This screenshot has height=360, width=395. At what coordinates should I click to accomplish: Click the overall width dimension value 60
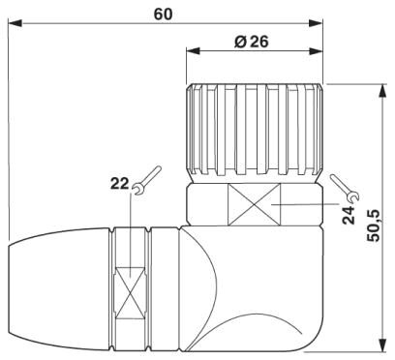coord(164,13)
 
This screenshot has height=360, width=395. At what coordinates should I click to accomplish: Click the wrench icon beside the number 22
coord(146,177)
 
